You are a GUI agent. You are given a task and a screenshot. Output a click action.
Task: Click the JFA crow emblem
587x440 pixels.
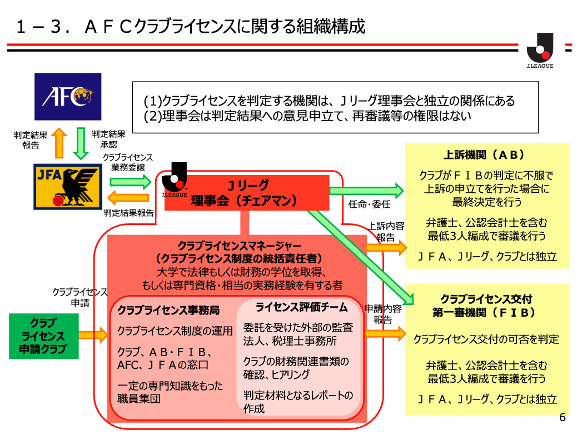tap(68, 186)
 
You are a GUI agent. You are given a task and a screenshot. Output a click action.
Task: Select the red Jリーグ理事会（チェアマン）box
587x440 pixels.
tap(247, 192)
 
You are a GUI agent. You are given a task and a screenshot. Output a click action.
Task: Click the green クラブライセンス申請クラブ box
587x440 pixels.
tap(43, 336)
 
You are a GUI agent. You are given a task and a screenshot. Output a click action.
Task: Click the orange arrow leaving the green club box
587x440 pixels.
tap(93, 334)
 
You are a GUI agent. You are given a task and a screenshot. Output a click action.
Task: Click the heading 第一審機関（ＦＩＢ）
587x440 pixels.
tap(487, 313)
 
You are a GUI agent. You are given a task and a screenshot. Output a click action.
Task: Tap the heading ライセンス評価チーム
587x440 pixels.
tap(301, 307)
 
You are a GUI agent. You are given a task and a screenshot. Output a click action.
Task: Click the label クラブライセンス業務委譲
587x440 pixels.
tap(128, 162)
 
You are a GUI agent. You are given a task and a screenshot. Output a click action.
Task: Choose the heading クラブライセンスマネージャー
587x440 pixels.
tap(240, 245)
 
